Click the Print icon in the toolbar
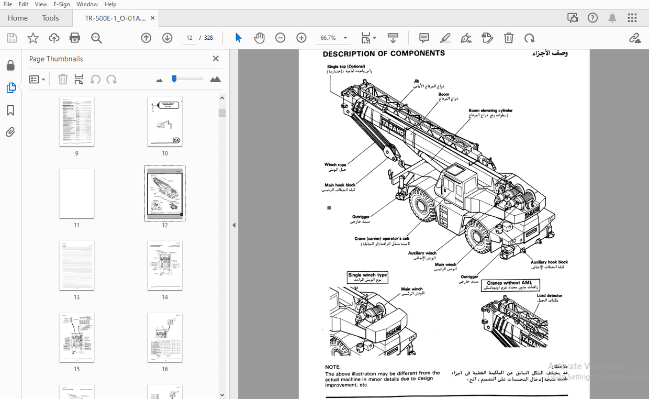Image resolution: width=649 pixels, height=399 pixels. pos(75,38)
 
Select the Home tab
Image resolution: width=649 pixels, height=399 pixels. pos(18,18)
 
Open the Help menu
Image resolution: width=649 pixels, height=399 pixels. pos(110,4)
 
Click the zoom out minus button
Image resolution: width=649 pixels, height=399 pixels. pos(281,38)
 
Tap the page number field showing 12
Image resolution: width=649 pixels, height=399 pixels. pos(189,38)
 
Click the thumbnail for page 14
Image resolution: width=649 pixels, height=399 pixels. pos(165,265)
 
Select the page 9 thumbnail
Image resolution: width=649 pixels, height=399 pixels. pos(76,121)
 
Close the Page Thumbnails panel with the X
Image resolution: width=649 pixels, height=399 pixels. pos(216,59)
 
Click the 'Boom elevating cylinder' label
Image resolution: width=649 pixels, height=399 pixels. pos(490,110)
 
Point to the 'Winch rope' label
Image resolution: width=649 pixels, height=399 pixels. pos(335,164)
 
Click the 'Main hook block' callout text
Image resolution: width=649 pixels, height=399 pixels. pos(340,185)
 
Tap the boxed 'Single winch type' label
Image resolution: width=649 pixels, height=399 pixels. pos(367,275)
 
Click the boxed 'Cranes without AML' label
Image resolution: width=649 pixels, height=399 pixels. pos(509,283)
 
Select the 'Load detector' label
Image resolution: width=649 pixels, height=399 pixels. pos(549,295)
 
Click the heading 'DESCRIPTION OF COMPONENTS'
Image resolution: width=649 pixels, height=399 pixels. pos(384,53)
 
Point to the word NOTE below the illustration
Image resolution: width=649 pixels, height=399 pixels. pos(332,367)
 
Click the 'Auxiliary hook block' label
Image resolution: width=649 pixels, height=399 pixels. pos(549,262)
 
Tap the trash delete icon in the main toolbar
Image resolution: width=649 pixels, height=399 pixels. pos(508,38)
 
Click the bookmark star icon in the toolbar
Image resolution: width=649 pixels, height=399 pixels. pos(33,38)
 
